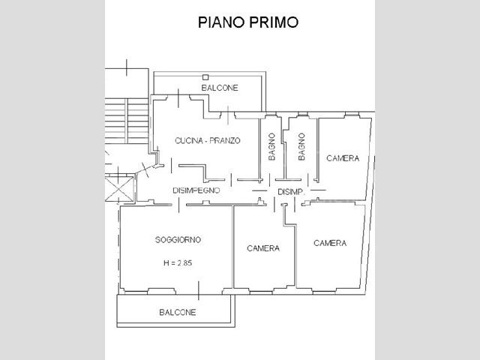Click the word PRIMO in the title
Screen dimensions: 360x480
274,22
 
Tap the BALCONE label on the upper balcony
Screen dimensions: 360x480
220,88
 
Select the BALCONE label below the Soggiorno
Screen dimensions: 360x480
178,312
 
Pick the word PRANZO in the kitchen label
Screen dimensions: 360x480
226,140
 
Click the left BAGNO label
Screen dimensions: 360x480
271,146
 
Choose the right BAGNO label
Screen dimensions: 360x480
301,146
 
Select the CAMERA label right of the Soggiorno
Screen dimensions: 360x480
263,248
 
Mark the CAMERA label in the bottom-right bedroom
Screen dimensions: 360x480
330,243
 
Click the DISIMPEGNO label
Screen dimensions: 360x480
196,190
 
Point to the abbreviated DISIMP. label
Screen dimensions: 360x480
291,192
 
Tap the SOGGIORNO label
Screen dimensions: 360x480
178,239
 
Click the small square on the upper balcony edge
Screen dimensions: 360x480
205,76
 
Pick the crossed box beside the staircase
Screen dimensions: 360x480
118,187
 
